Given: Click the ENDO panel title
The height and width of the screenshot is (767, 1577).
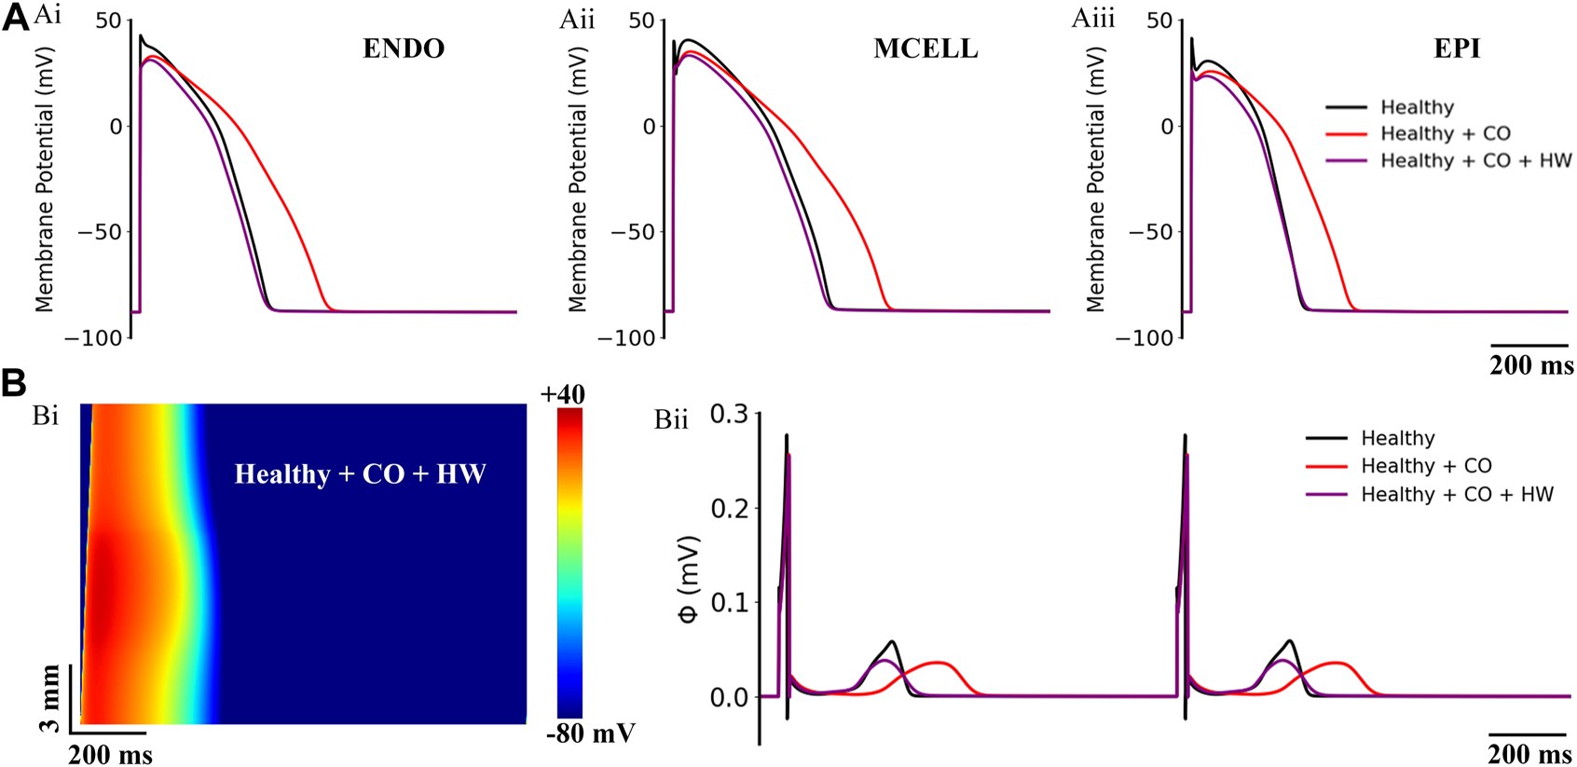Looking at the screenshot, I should pos(403,48).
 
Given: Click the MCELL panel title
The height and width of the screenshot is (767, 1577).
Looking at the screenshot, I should pos(926,48).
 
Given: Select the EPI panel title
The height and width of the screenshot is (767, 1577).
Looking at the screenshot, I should pos(1456,48).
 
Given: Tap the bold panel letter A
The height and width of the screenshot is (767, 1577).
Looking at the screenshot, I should pos(16,18).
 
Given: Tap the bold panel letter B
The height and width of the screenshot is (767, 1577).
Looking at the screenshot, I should pos(14,383).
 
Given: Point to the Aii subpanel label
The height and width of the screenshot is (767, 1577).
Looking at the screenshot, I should pos(577,19).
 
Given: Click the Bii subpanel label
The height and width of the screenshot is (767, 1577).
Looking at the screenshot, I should pos(671,419).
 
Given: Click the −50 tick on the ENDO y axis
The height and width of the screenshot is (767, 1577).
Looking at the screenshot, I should pos(100,232).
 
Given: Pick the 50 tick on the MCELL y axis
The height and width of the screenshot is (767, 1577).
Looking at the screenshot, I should pos(641,21).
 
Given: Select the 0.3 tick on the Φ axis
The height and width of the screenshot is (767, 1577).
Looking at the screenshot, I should pos(729,414).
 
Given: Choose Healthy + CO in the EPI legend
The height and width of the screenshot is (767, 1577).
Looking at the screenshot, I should pos(1445,133).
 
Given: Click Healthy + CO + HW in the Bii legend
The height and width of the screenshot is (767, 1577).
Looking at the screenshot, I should pos(1457,494).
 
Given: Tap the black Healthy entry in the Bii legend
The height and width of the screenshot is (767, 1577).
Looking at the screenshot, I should pos(1397,438).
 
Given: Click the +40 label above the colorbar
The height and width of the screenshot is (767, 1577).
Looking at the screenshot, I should pos(562,394).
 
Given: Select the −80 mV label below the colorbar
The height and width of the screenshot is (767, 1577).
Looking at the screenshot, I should pos(590,733).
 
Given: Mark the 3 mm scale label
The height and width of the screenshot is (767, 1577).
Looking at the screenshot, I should pos(49,698).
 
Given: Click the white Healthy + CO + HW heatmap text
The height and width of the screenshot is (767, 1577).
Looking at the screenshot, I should pos(360,473).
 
